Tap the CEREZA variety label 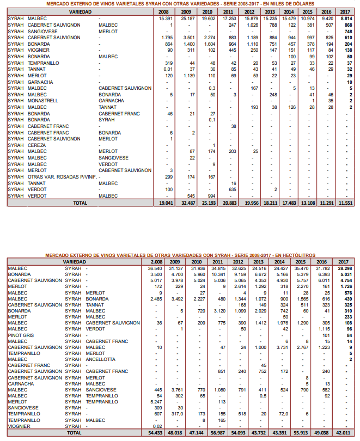tap(37, 145)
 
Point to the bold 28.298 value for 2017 tap(344, 268)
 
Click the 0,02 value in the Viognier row tap(157, 426)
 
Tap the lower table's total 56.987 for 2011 tap(218, 432)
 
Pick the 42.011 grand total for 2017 tap(344, 432)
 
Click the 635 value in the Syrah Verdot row tap(230, 189)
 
